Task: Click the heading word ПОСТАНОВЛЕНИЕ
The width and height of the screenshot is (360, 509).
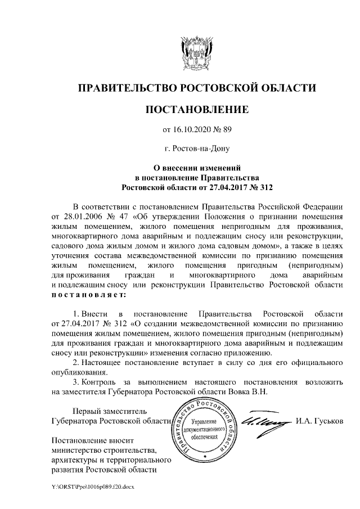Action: [x=197, y=108]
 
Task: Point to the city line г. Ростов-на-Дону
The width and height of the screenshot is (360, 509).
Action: [x=197, y=148]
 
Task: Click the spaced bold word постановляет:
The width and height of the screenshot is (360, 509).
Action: [x=89, y=294]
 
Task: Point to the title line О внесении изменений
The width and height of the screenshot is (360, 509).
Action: [x=197, y=167]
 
